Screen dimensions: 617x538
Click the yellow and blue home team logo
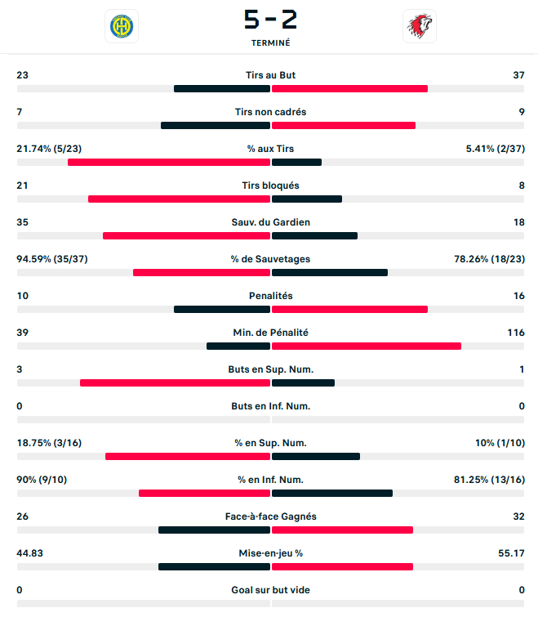click(x=122, y=26)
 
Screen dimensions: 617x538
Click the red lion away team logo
click(x=420, y=26)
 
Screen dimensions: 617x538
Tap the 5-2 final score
click(x=270, y=19)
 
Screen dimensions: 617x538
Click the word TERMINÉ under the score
click(x=270, y=42)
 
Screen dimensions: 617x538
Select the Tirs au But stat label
click(x=270, y=75)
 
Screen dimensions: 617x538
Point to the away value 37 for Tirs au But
click(x=518, y=75)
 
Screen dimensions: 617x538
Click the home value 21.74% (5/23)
click(x=49, y=149)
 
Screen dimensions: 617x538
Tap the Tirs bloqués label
click(x=270, y=186)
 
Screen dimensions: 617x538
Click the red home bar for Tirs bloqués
click(x=179, y=199)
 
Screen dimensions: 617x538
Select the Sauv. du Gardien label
click(x=270, y=222)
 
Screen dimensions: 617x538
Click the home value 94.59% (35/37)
click(x=52, y=259)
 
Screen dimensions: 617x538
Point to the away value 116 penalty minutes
click(x=515, y=333)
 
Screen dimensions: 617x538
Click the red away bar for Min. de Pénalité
click(x=367, y=346)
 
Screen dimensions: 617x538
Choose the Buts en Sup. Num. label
click(x=270, y=369)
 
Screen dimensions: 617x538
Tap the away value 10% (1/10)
click(x=499, y=443)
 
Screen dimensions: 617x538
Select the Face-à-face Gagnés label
click(x=270, y=516)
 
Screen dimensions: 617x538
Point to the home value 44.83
click(x=29, y=553)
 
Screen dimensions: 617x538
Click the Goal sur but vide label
click(x=270, y=590)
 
